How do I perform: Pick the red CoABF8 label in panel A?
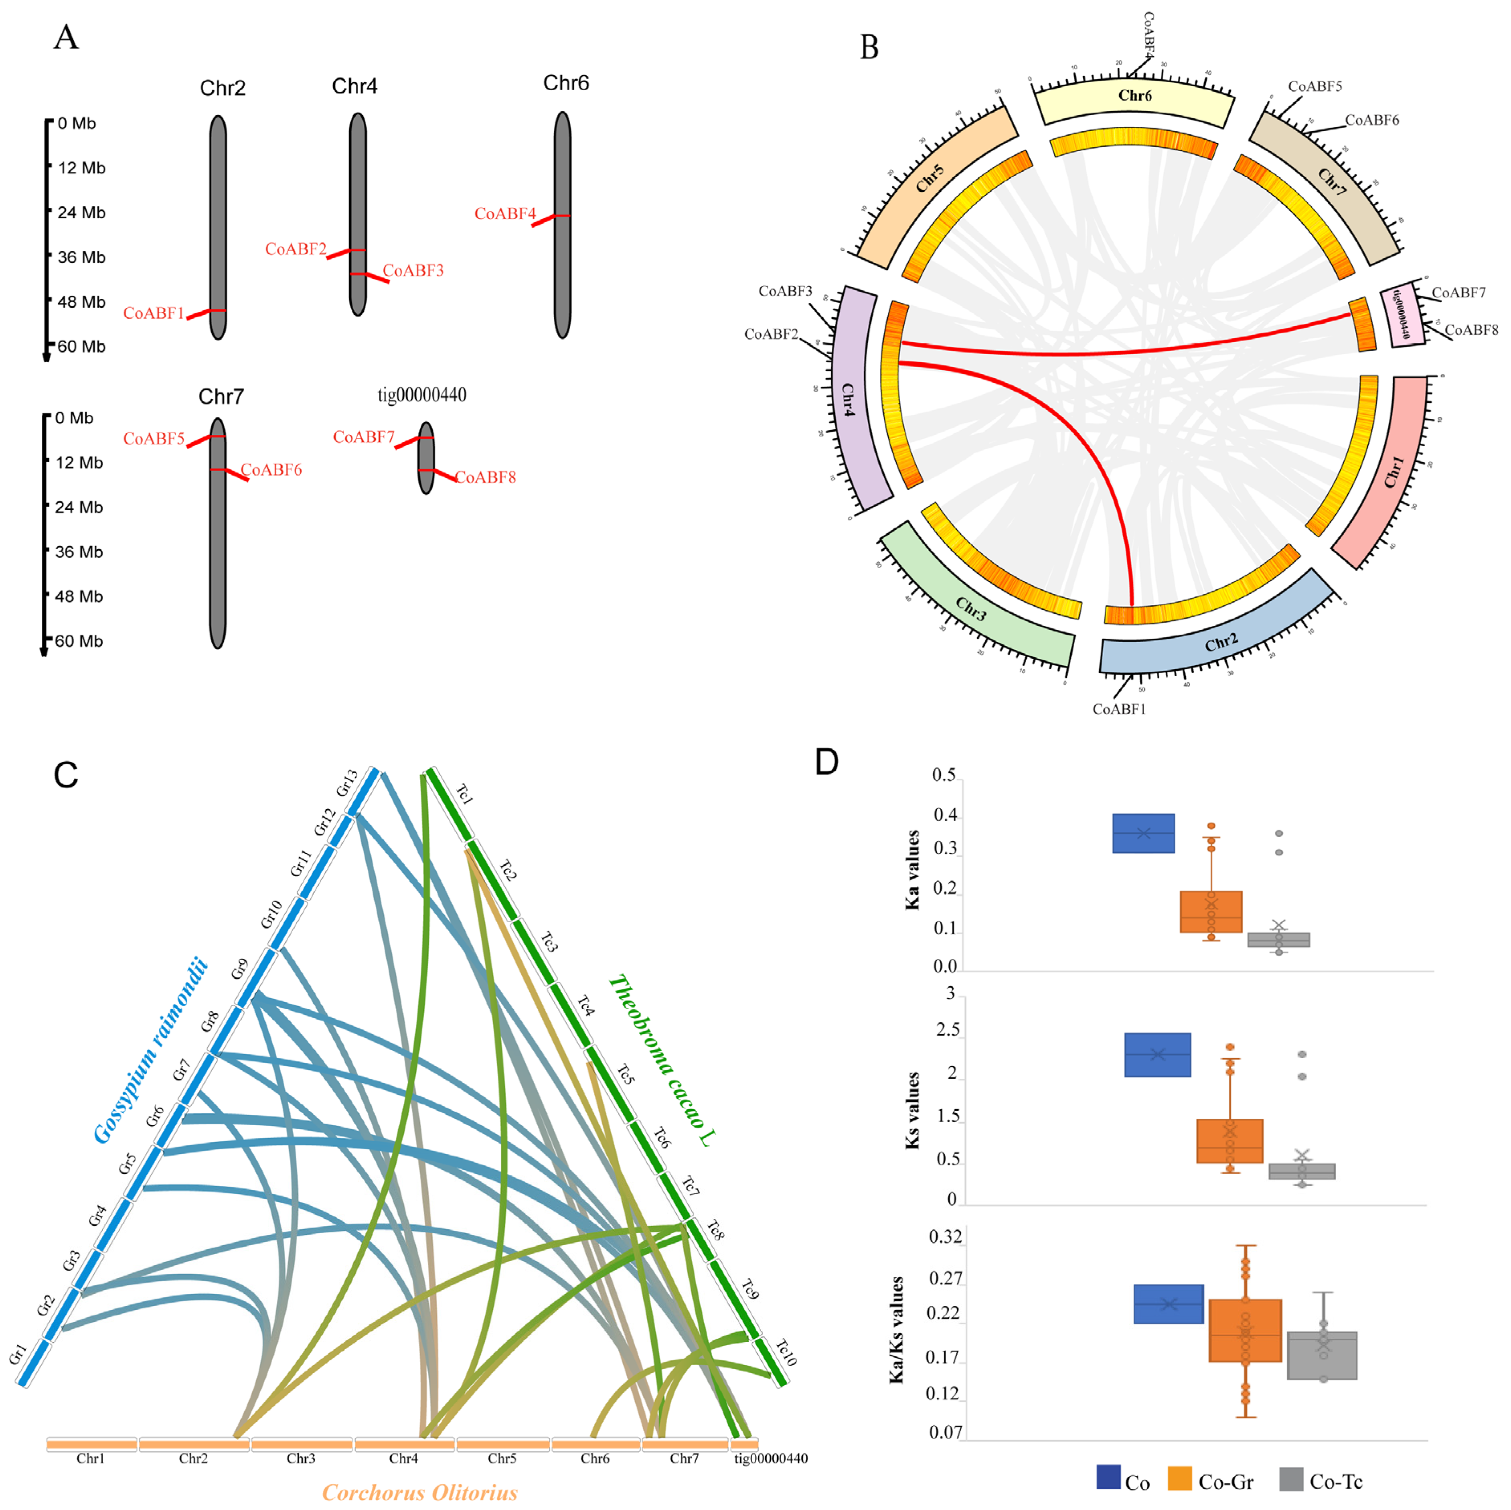click(x=486, y=477)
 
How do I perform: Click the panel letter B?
click(x=869, y=48)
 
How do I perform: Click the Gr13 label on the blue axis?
click(x=347, y=782)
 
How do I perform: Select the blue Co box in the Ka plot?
click(x=1143, y=833)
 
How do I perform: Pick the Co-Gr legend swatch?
click(x=1179, y=1479)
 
